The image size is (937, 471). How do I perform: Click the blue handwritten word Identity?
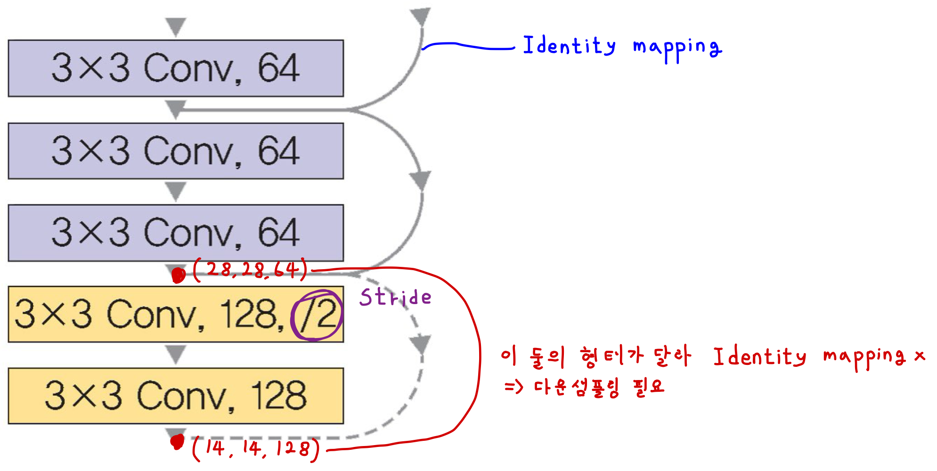pyautogui.click(x=569, y=46)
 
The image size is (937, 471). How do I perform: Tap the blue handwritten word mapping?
pyautogui.click(x=676, y=48)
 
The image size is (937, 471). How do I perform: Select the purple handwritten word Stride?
pyautogui.click(x=395, y=297)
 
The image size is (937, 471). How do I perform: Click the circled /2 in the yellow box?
pyautogui.click(x=317, y=315)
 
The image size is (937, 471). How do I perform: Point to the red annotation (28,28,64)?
pyautogui.click(x=250, y=270)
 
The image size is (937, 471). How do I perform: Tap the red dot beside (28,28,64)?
pyautogui.click(x=178, y=275)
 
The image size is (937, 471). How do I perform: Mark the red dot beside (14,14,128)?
pyautogui.click(x=177, y=442)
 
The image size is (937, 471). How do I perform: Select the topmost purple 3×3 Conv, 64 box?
pyautogui.click(x=176, y=68)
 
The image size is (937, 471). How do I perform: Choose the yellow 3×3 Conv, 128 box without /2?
pyautogui.click(x=176, y=396)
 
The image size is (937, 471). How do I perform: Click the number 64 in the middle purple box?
pyautogui.click(x=278, y=151)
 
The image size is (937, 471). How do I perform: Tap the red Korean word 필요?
pyautogui.click(x=649, y=387)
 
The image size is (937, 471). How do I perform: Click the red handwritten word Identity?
pyautogui.click(x=759, y=357)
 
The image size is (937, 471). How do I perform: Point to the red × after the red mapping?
pyautogui.click(x=920, y=356)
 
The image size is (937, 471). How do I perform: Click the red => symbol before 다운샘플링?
pyautogui.click(x=513, y=387)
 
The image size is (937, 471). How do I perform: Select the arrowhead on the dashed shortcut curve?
pyautogui.click(x=421, y=344)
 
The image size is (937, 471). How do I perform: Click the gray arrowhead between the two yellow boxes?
pyautogui.click(x=176, y=354)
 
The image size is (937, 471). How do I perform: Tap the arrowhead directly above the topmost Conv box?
pyautogui.click(x=176, y=26)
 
